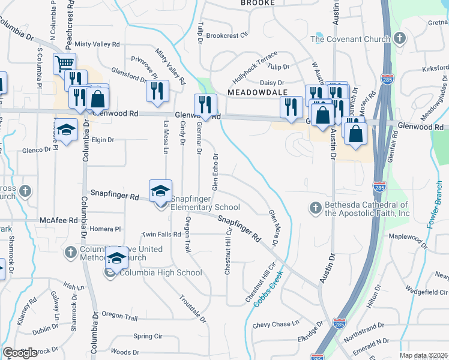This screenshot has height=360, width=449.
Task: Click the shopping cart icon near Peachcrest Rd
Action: tap(64, 63)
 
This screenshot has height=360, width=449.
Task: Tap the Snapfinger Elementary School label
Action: tap(205, 203)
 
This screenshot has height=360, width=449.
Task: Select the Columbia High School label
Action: tap(160, 273)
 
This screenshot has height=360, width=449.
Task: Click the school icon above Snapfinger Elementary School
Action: tap(160, 191)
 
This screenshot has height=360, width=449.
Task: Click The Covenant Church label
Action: tap(351, 40)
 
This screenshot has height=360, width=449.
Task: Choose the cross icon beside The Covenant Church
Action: tap(400, 40)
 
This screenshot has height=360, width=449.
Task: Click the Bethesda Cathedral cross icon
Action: tap(315, 208)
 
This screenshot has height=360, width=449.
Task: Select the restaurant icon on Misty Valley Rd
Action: tap(157, 91)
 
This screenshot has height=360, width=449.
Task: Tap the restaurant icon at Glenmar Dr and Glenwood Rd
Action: tap(205, 105)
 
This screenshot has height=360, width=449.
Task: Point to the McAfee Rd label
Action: tap(58, 220)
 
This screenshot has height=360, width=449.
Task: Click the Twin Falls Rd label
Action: tap(161, 234)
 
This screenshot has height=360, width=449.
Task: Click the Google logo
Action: tap(20, 353)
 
